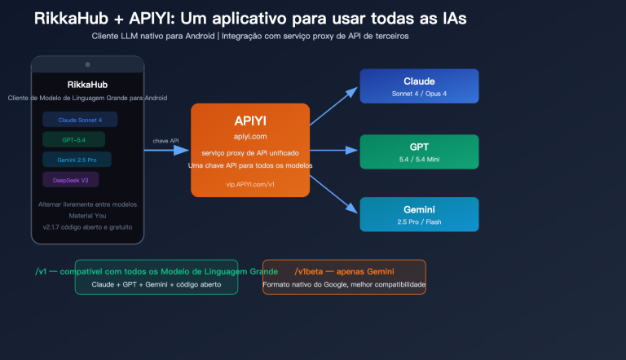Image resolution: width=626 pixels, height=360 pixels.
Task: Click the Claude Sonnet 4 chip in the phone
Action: pos(79,120)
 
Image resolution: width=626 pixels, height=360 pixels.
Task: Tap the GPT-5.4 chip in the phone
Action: pos(73,139)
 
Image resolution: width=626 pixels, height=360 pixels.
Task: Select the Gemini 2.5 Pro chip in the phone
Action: pos(77,159)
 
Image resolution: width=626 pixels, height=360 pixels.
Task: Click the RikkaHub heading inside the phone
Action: pos(87,84)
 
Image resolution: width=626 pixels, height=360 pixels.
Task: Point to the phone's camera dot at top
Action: pos(87,64)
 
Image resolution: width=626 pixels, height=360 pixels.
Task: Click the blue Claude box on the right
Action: pos(419,86)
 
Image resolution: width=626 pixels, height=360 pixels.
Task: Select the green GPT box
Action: pos(419,151)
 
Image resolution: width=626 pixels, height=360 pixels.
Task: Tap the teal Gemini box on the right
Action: pos(419,214)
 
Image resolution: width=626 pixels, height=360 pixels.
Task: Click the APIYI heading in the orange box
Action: pos(250,121)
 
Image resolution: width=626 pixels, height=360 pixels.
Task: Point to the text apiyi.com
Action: pos(250,137)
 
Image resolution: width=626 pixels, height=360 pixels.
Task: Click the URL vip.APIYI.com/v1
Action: pos(250,185)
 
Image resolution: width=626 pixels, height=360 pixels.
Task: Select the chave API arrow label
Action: pos(166,141)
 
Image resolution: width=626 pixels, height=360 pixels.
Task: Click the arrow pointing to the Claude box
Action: pos(334,105)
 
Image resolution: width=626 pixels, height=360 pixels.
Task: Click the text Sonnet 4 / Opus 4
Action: pos(419,94)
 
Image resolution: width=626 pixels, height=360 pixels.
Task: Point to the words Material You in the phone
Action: pos(87,215)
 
